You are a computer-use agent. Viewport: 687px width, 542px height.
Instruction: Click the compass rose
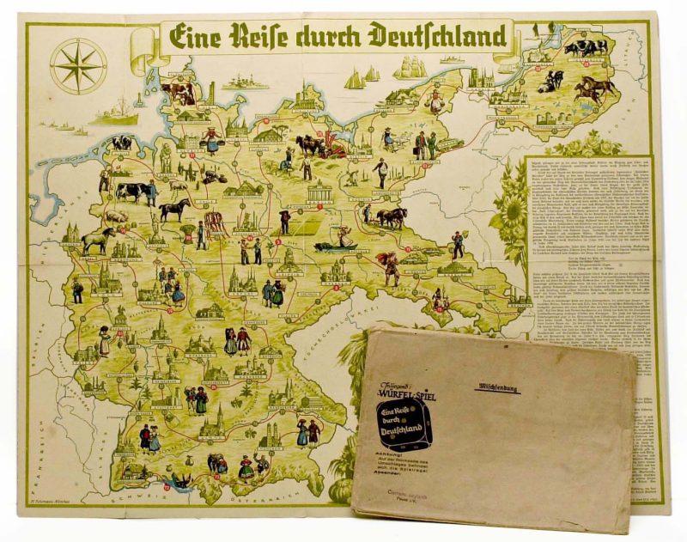click(x=78, y=65)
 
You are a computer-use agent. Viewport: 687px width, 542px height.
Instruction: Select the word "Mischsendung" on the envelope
click(x=499, y=387)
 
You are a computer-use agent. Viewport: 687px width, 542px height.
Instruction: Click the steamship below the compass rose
click(x=113, y=113)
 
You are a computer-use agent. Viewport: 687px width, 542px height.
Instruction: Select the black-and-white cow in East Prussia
click(x=586, y=47)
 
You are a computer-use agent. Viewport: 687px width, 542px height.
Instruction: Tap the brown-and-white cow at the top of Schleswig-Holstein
click(x=179, y=89)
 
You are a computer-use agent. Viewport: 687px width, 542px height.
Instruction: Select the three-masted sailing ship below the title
click(x=409, y=67)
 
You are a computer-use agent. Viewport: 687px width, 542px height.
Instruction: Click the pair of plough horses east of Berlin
click(x=391, y=217)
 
